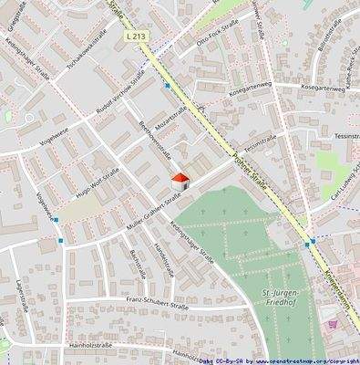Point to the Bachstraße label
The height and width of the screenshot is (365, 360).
pos(137,262)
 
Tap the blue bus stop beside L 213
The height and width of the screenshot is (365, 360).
pos(167,86)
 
